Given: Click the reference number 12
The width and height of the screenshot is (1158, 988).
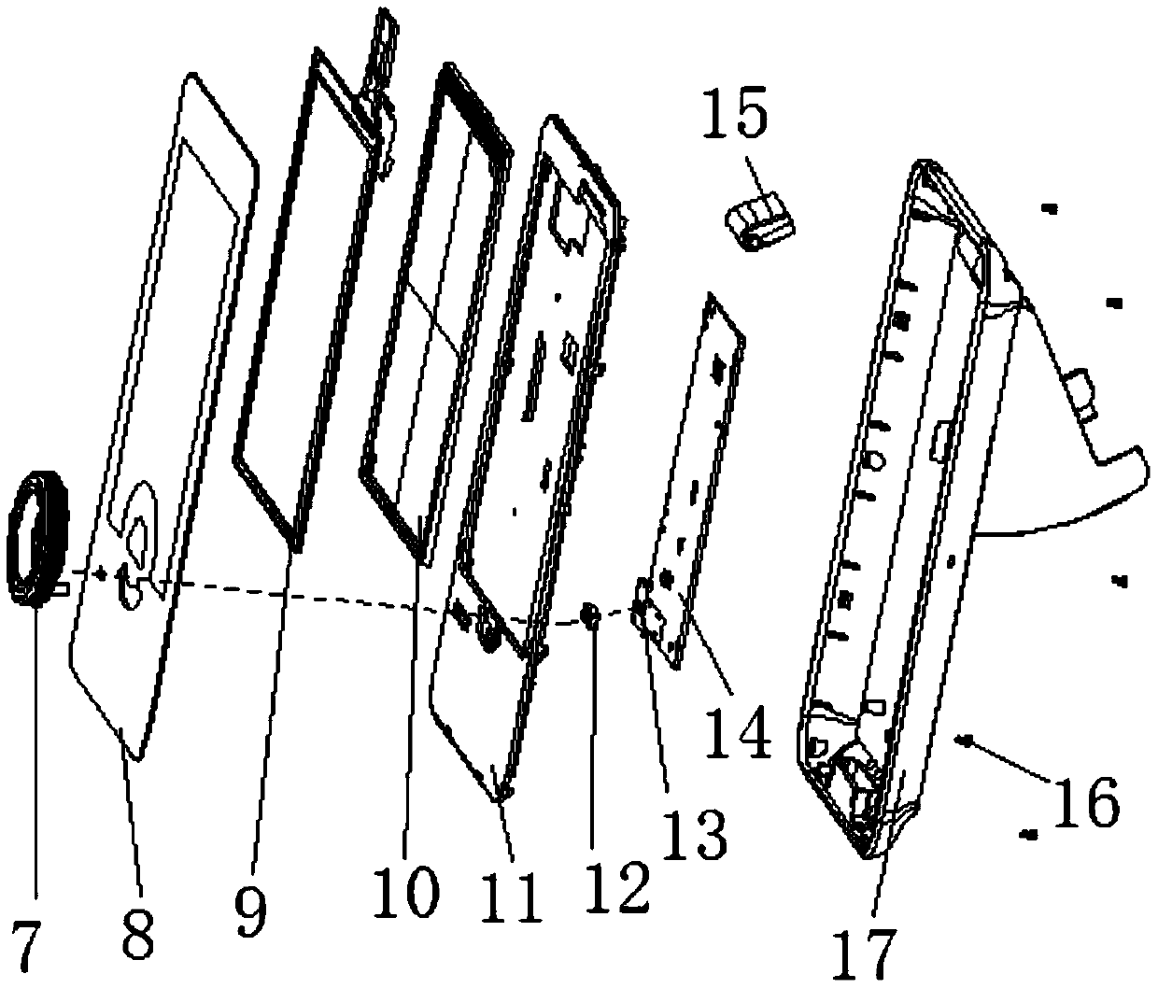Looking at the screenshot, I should [620, 885].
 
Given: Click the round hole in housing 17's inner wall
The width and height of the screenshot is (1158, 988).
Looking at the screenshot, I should [878, 460].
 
